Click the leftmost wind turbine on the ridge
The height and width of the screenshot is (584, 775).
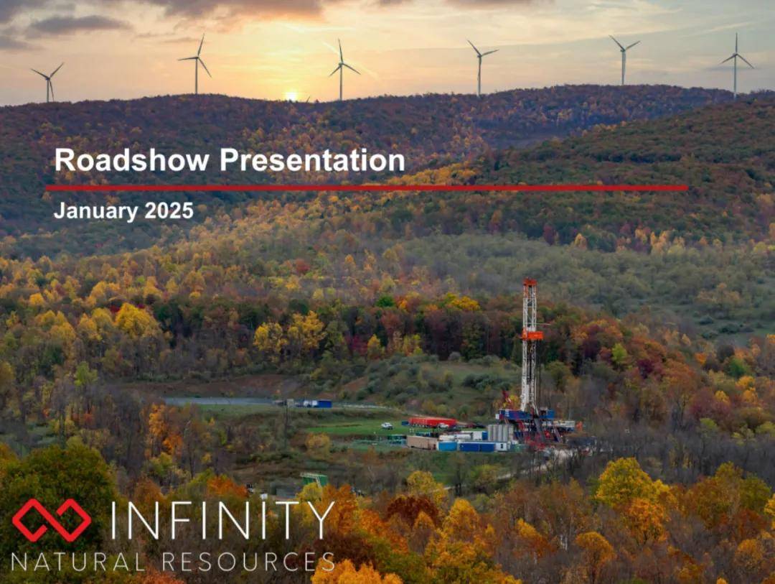[x=49, y=83]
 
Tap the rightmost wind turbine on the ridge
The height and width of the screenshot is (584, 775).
[x=736, y=65]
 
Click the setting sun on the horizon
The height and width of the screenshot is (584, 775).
[x=291, y=96]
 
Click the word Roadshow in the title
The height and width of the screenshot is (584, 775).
[x=132, y=160]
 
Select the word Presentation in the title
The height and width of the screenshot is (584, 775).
[x=312, y=160]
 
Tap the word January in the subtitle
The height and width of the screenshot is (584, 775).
[x=96, y=211]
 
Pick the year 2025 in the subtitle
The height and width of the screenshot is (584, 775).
[x=169, y=210]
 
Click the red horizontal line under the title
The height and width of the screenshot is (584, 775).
[x=367, y=188]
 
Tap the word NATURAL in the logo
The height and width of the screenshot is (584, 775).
[x=78, y=562]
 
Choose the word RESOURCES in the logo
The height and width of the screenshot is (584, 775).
[x=248, y=562]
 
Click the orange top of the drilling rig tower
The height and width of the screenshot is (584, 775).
[x=530, y=282]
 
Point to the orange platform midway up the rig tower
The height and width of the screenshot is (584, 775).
[x=532, y=335]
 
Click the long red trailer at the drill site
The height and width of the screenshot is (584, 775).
[x=432, y=422]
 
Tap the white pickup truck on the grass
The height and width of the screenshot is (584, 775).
[x=387, y=425]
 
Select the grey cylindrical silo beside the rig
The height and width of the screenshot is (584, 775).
[x=500, y=433]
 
